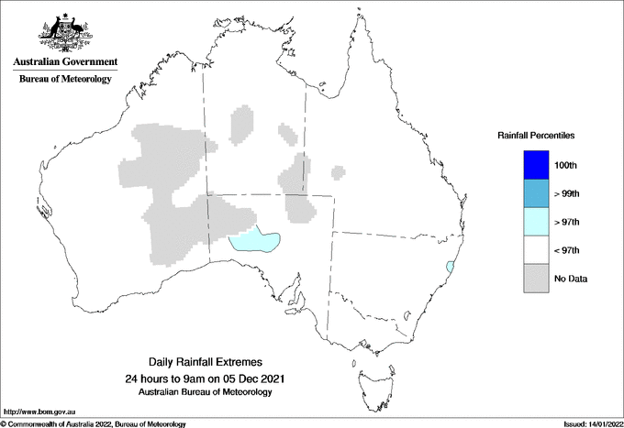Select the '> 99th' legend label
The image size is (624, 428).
[x=568, y=193]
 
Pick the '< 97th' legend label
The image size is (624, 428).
[x=568, y=250]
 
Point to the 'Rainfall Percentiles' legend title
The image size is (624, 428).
[x=536, y=136]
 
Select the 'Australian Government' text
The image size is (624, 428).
[x=65, y=62]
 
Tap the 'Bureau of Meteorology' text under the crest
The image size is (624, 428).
[x=65, y=79]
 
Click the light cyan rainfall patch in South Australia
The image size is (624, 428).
[x=253, y=242]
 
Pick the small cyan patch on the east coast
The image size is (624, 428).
[x=449, y=267]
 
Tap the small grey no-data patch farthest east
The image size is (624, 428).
[x=339, y=170]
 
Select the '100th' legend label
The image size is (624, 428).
[x=566, y=165]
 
